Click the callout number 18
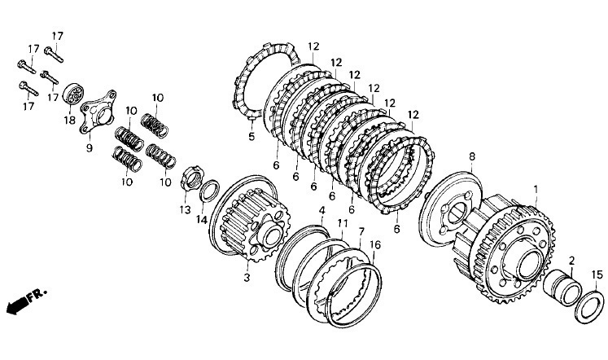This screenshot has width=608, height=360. tap(69, 120)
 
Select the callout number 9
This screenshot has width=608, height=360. tap(90, 147)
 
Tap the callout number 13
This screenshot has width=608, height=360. tap(185, 210)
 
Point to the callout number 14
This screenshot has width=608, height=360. tap(202, 220)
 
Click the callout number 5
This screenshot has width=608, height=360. tap(252, 137)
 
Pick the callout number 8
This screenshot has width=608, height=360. tap(471, 156)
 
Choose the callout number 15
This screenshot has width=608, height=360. tap(597, 275)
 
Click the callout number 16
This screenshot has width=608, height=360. tap(375, 244)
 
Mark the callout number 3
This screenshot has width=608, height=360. tap(247, 278)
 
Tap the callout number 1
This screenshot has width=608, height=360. tap(536, 189)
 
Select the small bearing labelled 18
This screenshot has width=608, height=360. tap(72, 94)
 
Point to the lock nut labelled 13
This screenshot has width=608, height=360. tap(192, 178)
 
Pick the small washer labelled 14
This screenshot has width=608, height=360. tap(209, 191)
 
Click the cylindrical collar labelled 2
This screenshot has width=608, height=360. tap(562, 288)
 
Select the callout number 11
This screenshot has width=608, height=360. tap(342, 223)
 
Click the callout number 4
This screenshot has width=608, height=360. tap(321, 211)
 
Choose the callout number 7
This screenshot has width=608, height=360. tap(361, 231)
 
